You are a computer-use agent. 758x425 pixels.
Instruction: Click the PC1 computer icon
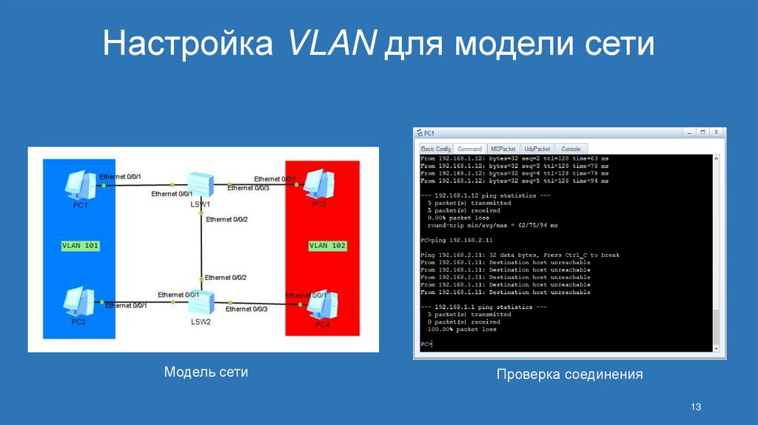[x=78, y=186]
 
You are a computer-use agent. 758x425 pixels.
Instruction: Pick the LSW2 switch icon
[x=201, y=303]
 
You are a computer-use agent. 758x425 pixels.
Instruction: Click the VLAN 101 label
[x=79, y=244]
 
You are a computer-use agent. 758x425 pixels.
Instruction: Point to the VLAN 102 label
[x=327, y=244]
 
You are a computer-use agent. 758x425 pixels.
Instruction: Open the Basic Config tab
[x=435, y=149]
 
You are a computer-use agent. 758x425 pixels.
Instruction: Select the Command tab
[x=469, y=149]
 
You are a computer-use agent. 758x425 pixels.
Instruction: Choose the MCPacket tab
[x=503, y=149]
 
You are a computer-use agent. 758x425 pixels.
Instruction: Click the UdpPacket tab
[x=537, y=149]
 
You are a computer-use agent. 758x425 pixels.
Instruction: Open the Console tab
[x=570, y=149]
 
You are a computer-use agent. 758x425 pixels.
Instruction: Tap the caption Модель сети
[x=206, y=372]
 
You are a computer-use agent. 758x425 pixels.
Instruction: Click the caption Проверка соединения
[x=569, y=375]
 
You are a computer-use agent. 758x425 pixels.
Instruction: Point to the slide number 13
[x=695, y=407]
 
